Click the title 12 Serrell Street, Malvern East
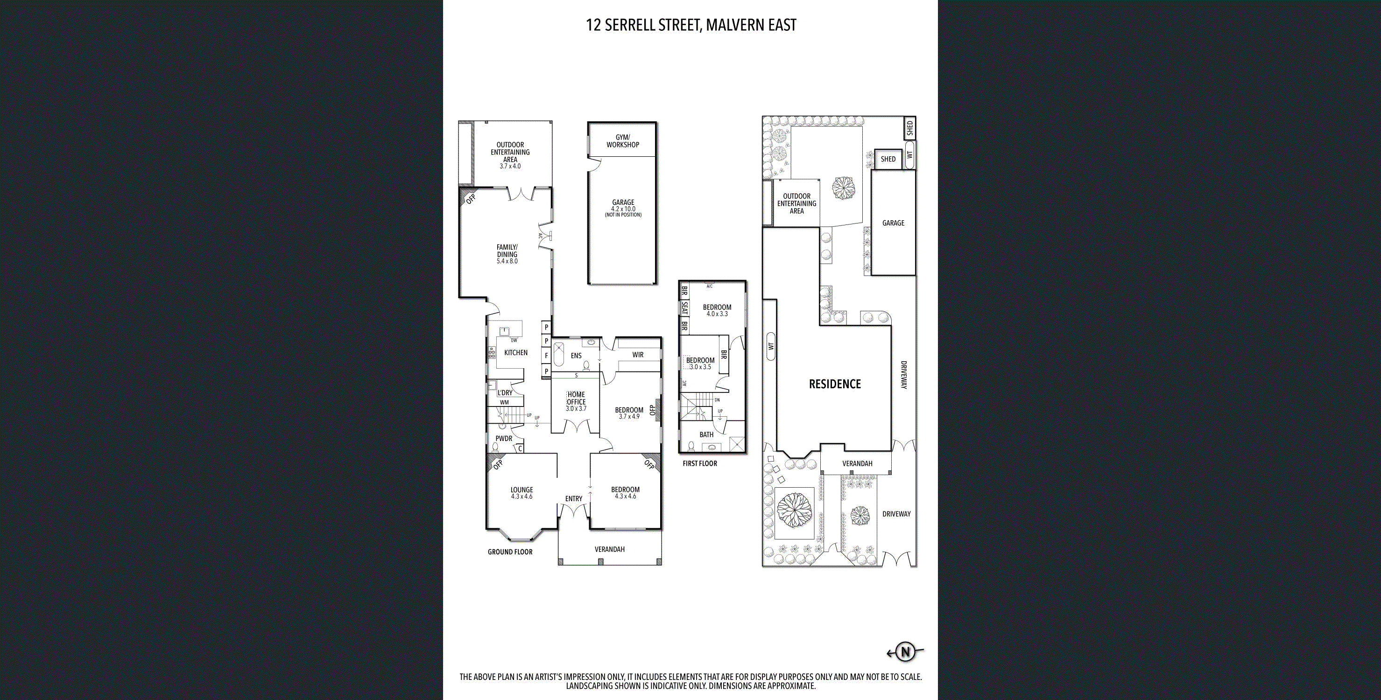pyautogui.click(x=691, y=25)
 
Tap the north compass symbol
pyautogui.click(x=905, y=652)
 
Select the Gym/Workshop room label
pyautogui.click(x=622, y=141)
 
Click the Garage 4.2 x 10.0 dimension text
pyautogui.click(x=623, y=209)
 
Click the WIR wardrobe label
pyautogui.click(x=637, y=355)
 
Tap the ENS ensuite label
pyautogui.click(x=576, y=356)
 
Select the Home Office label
pyautogui.click(x=576, y=398)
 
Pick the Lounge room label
pyautogui.click(x=521, y=490)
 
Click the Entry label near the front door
pyautogui.click(x=574, y=498)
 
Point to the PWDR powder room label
pyautogui.click(x=504, y=439)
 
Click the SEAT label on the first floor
pyautogui.click(x=684, y=308)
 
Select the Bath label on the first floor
pyautogui.click(x=706, y=434)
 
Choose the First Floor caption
pyautogui.click(x=700, y=463)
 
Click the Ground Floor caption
pyautogui.click(x=510, y=552)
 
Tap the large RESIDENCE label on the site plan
pyautogui.click(x=835, y=384)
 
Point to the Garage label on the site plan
pyautogui.click(x=893, y=223)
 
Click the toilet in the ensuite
pyautogui.click(x=586, y=366)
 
